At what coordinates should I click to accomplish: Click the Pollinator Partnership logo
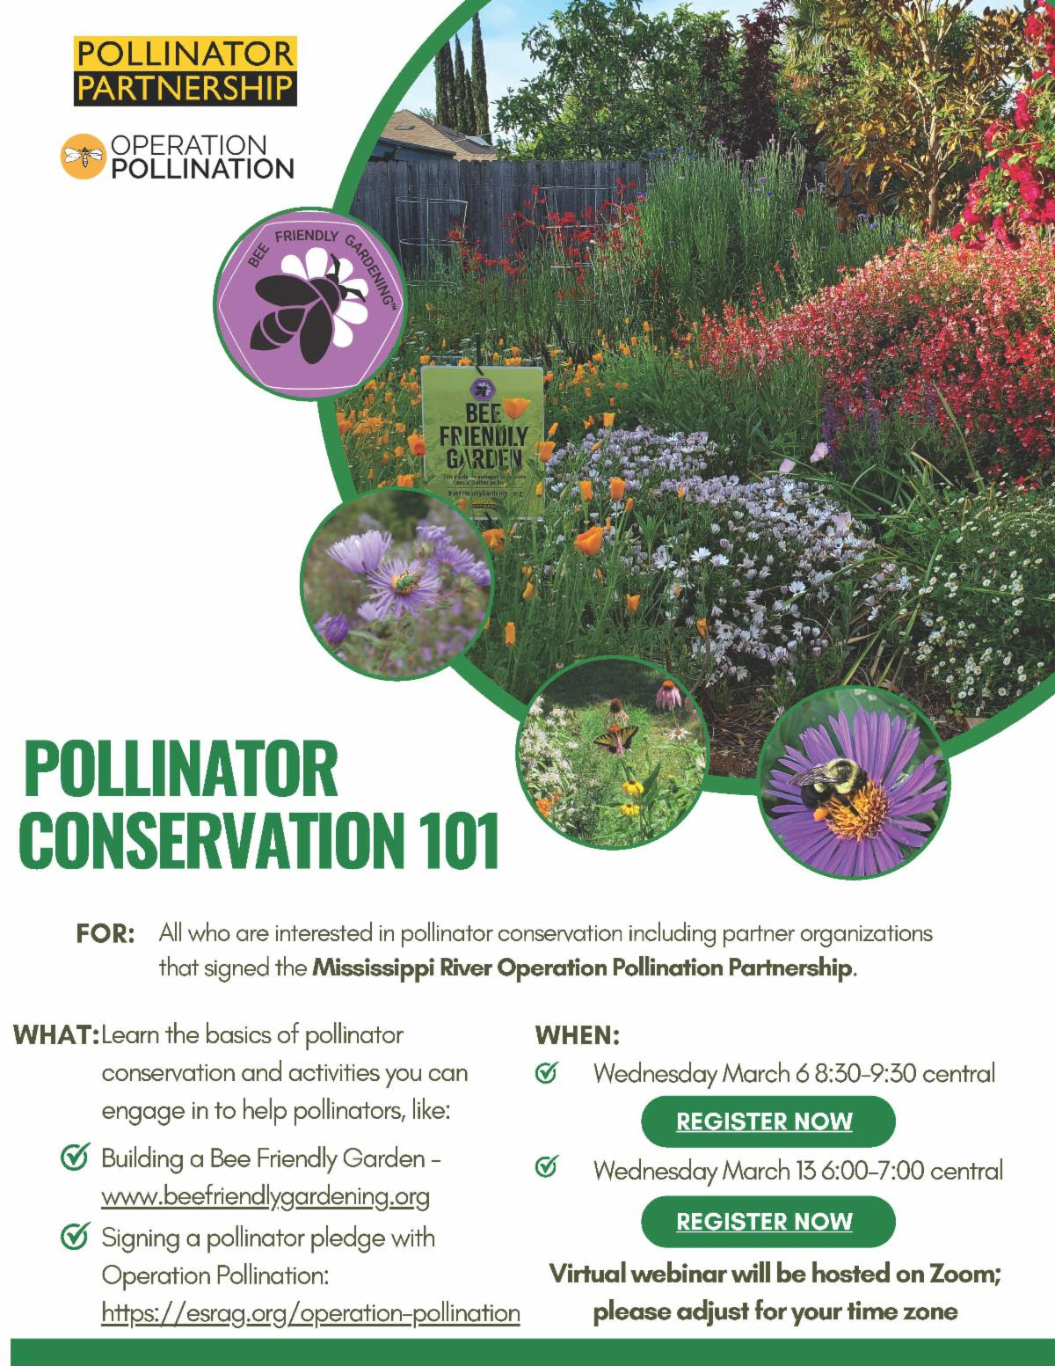[185, 70]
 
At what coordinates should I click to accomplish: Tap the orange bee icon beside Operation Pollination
[82, 157]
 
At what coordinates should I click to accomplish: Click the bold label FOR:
[105, 933]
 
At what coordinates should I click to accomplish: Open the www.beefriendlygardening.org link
[266, 1197]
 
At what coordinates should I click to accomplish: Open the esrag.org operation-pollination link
[311, 1313]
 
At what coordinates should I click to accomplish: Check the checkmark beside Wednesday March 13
[546, 1169]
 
